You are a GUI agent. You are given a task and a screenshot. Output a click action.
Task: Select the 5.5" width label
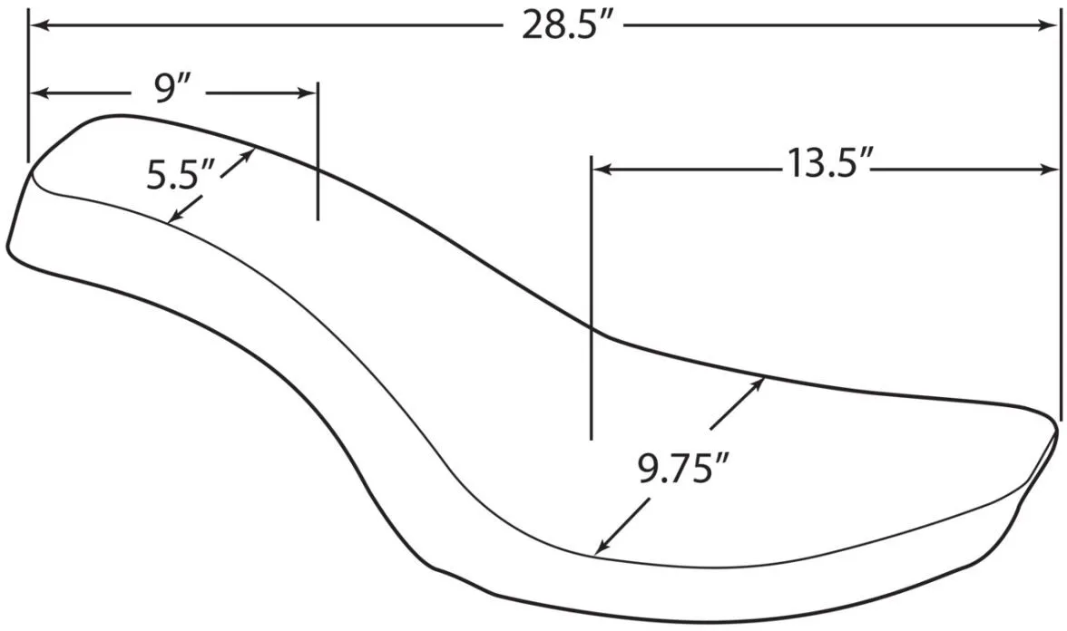[x=181, y=175]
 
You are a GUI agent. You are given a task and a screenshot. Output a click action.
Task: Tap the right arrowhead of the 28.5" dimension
[x=1047, y=25]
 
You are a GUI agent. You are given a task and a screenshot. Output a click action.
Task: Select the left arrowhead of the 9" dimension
[x=40, y=94]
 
